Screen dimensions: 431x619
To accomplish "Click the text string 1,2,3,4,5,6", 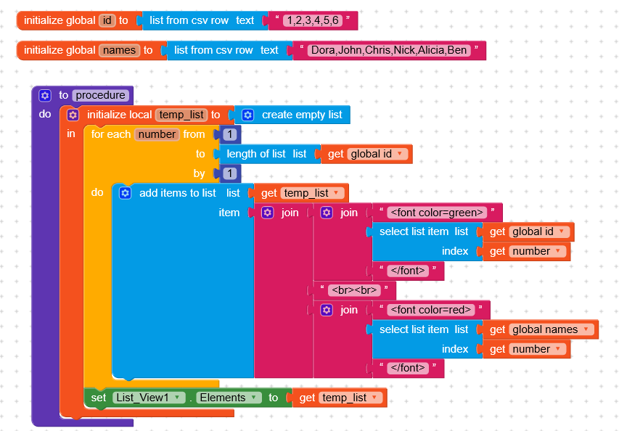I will click(x=313, y=20).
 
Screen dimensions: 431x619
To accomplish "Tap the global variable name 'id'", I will click(x=107, y=20).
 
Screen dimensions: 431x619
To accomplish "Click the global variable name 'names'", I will click(x=119, y=50).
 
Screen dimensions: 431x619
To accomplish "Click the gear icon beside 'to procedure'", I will click(x=45, y=95).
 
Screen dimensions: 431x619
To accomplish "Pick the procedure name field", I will click(x=101, y=95).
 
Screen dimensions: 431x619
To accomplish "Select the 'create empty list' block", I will click(x=301, y=115).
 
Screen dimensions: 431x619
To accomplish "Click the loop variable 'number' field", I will click(x=157, y=134).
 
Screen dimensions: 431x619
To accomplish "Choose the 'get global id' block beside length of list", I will click(x=335, y=154).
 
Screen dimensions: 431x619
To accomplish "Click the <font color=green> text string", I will click(x=437, y=213).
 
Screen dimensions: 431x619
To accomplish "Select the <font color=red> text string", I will click(x=431, y=310).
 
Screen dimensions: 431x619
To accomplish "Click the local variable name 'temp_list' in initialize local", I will click(x=181, y=115).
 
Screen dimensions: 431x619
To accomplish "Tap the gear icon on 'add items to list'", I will click(x=125, y=193).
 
